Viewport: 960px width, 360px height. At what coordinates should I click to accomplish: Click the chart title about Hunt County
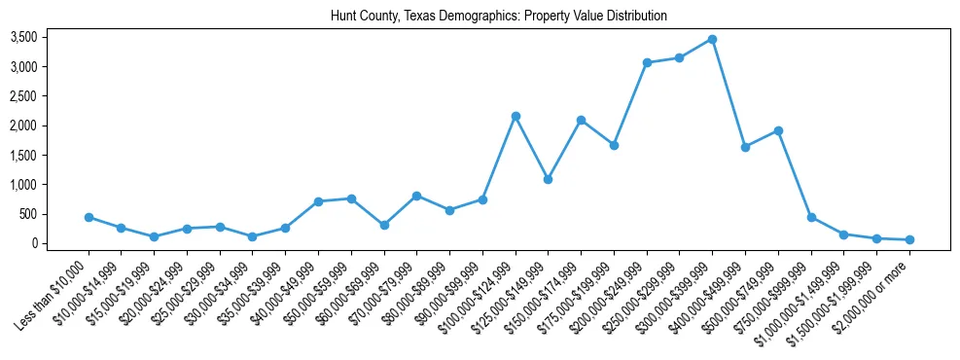480,17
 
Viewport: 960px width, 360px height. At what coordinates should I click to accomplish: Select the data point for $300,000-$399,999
712,39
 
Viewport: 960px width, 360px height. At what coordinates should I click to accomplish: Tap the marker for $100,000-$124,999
516,116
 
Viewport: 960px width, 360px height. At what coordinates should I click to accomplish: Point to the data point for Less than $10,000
89,217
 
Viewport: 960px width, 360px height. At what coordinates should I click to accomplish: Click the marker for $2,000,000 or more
909,239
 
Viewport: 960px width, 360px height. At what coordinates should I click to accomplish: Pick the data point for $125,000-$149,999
548,179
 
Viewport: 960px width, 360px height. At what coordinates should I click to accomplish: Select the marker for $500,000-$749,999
778,130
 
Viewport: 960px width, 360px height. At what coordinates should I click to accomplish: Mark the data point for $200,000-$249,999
647,62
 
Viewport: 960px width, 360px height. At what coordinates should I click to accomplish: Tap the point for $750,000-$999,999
811,217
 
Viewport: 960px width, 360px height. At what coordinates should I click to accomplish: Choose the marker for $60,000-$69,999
384,225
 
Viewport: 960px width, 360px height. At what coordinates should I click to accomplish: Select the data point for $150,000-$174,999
581,120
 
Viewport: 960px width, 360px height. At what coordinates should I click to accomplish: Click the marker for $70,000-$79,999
416,196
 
